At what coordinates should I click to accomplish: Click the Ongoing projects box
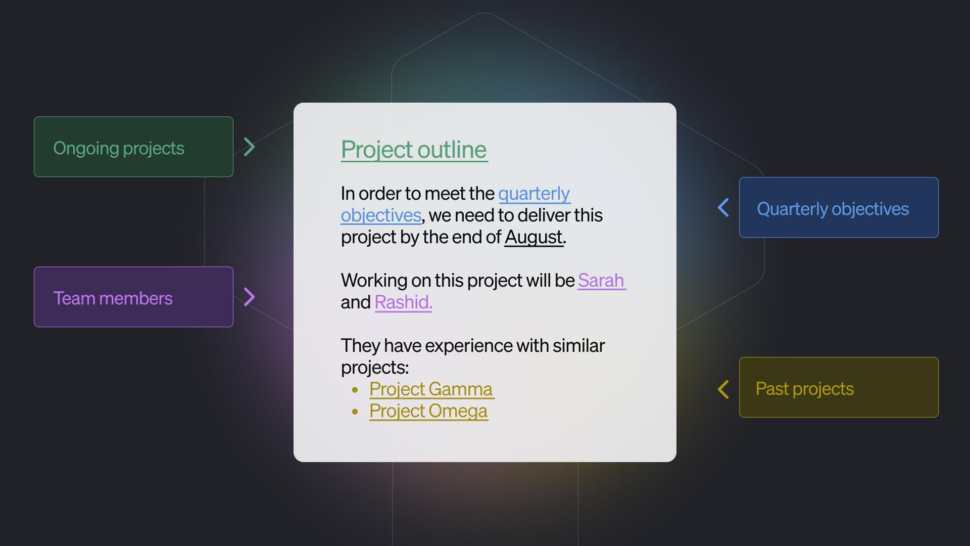pos(133,147)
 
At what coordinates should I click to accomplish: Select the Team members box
pos(133,297)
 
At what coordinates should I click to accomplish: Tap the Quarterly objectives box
pos(839,207)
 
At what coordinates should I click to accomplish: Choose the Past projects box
pos(839,387)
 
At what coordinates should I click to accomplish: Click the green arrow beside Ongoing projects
pos(250,147)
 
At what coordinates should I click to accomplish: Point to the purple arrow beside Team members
pos(250,297)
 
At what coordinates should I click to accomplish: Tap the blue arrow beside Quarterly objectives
pos(723,207)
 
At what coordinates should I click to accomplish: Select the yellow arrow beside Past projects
pos(723,389)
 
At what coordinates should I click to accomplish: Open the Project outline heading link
pos(414,150)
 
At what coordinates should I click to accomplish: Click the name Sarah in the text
pos(601,280)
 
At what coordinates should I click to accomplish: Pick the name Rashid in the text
pos(403,302)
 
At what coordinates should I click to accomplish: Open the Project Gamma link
pos(431,389)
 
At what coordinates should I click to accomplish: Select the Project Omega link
pos(428,411)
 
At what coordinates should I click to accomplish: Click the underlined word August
pos(533,237)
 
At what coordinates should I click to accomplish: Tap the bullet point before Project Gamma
pos(355,390)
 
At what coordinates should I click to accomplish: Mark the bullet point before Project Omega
pos(355,412)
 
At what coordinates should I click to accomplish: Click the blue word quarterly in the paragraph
pos(534,194)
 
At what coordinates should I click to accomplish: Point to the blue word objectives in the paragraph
pos(381,216)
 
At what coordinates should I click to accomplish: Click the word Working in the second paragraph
pos(374,281)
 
